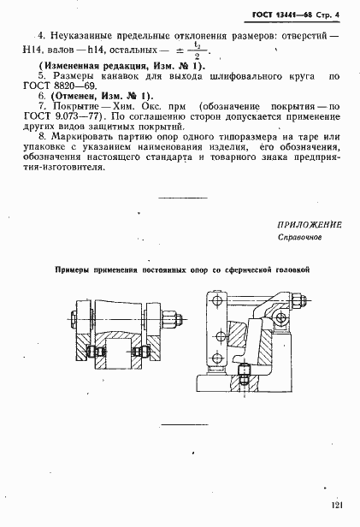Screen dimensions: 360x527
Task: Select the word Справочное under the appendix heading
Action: [298, 238]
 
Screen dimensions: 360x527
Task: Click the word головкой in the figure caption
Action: [290, 269]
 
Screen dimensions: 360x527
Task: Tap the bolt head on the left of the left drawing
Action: [75, 322]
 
